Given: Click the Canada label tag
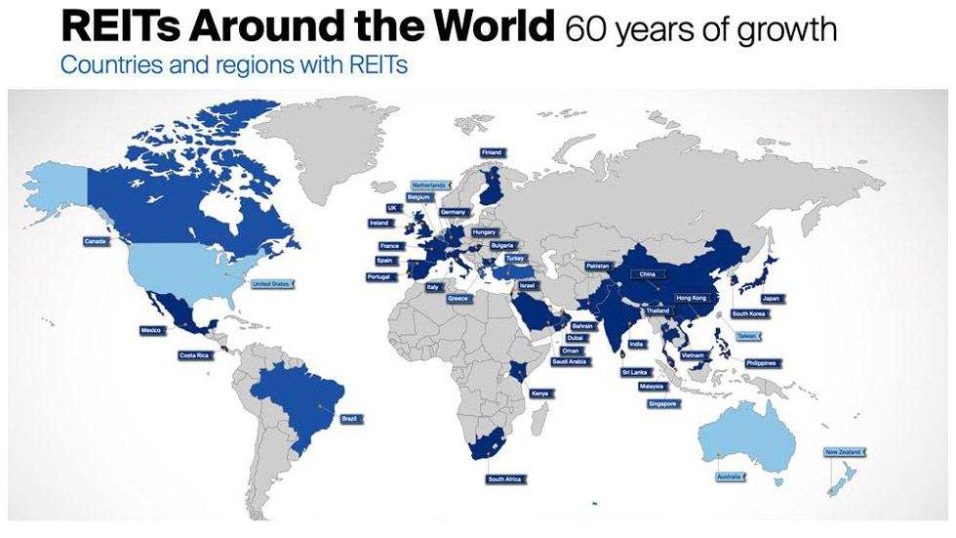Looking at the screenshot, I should click(x=96, y=241).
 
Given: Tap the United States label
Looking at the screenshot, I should click(x=271, y=284).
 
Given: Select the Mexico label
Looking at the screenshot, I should click(x=151, y=331).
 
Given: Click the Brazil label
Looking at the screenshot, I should click(x=349, y=419).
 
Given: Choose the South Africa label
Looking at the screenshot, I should click(x=505, y=479).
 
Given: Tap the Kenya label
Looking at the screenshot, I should click(x=539, y=393).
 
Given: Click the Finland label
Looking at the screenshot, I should click(x=492, y=153).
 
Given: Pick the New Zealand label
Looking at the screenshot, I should click(x=843, y=452).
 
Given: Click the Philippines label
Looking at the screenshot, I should click(x=761, y=363).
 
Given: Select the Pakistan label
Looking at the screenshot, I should click(x=598, y=266).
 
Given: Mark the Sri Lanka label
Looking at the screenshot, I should click(x=635, y=372).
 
